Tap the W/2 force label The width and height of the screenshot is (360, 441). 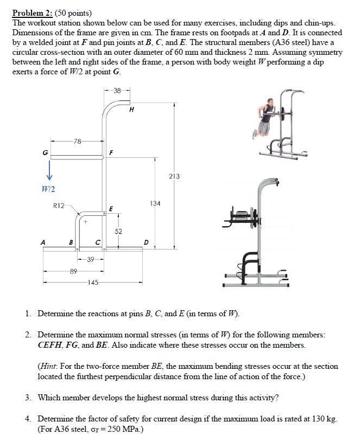pyautogui.click(x=49, y=188)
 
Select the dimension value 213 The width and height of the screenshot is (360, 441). pyautogui.click(x=174, y=176)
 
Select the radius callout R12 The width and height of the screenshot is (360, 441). pyautogui.click(x=58, y=206)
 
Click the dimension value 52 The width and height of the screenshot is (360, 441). pyautogui.click(x=119, y=232)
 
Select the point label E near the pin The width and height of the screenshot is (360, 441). pyautogui.click(x=111, y=208)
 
